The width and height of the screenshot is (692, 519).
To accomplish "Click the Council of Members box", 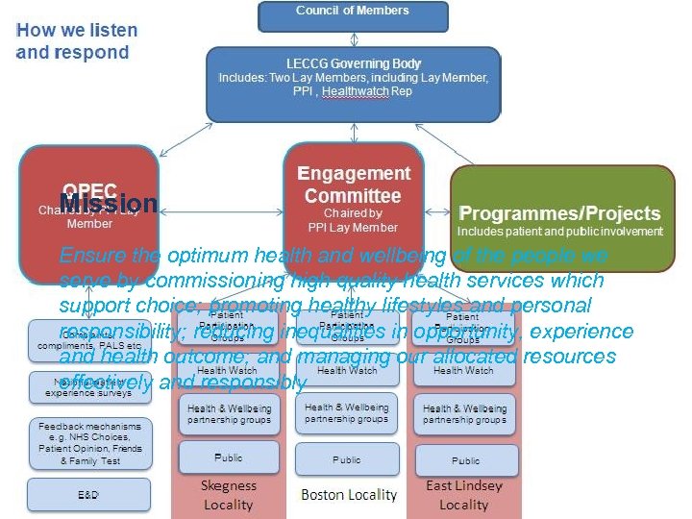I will [x=353, y=15].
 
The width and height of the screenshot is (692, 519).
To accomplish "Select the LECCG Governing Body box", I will [x=354, y=84].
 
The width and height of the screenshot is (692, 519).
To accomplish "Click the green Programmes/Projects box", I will [x=562, y=219].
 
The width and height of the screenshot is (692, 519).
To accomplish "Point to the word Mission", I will [x=108, y=204].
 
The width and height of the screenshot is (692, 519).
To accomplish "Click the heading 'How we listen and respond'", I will [x=77, y=41].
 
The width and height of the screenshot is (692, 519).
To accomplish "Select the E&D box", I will [x=89, y=494].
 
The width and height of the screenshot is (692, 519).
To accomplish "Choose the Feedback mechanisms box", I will [x=89, y=442].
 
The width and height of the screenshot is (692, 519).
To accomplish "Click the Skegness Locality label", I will [x=228, y=495].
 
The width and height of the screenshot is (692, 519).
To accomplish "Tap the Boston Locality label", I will [x=348, y=494].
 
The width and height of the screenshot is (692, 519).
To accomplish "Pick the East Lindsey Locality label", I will [x=464, y=495].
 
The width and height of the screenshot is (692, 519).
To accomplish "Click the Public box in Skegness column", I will [x=228, y=457].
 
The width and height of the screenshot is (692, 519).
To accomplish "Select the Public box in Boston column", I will [x=347, y=459].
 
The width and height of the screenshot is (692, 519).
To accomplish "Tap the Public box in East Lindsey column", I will [x=465, y=460].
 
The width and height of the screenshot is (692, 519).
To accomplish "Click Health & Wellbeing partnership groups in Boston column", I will [x=347, y=413].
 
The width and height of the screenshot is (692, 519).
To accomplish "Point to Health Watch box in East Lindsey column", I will [x=463, y=370].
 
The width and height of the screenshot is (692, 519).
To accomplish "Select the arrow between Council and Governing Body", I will [x=354, y=39].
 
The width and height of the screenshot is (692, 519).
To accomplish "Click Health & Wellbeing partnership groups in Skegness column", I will [x=228, y=413].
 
